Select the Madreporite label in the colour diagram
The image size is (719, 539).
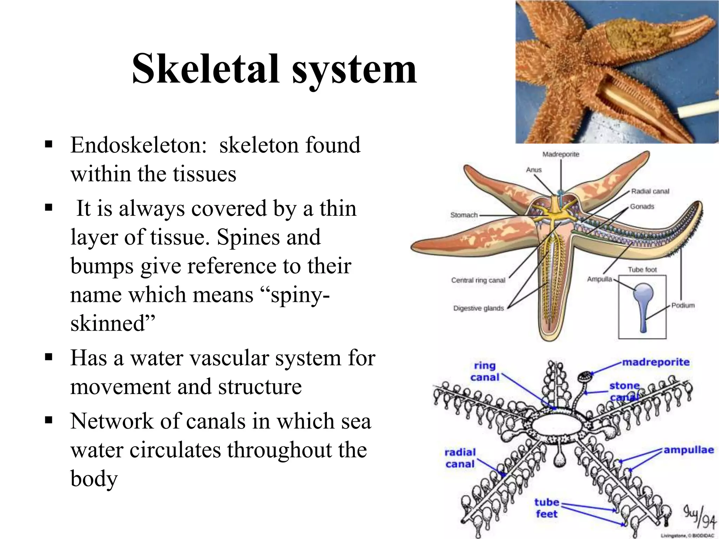pyautogui.click(x=561, y=154)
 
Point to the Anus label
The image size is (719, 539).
pyautogui.click(x=534, y=170)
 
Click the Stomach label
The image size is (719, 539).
pyautogui.click(x=464, y=215)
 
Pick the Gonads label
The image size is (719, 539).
pyautogui.click(x=642, y=207)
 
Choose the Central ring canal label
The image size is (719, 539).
pyautogui.click(x=478, y=280)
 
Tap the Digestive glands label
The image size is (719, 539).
pyautogui.click(x=478, y=308)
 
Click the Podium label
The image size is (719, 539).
pyautogui.click(x=683, y=305)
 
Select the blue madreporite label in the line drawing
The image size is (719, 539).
pyautogui.click(x=656, y=362)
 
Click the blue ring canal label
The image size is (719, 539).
pyautogui.click(x=484, y=372)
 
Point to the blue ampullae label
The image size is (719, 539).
pyautogui.click(x=688, y=450)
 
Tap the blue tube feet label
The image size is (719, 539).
pyautogui.click(x=546, y=508)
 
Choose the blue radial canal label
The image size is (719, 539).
pyautogui.click(x=460, y=458)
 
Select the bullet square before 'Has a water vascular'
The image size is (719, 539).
pyautogui.click(x=49, y=357)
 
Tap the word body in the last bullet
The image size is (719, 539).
pyautogui.click(x=94, y=479)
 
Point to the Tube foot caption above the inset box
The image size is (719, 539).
pyautogui.click(x=642, y=269)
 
